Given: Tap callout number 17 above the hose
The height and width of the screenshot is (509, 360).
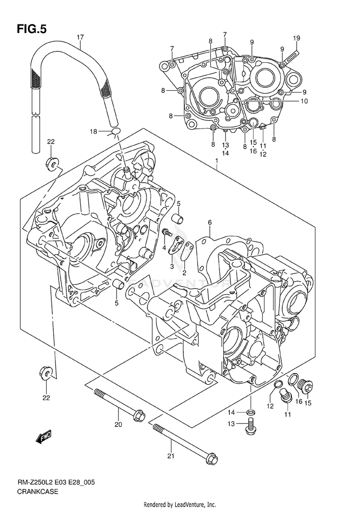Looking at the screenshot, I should point(80,37).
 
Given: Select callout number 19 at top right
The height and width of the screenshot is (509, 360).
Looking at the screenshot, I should point(297,38).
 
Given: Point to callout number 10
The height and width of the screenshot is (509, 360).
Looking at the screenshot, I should point(304,101).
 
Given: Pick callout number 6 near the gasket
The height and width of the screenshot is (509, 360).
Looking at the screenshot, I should point(210,222).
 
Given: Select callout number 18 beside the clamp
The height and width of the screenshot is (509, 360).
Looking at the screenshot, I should point(95,131).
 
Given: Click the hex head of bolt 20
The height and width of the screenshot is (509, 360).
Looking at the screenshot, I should point(140,414).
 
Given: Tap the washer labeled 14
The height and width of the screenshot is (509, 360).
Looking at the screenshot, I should point(251,413).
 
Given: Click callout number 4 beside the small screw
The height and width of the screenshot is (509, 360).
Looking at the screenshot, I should point(164,248).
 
